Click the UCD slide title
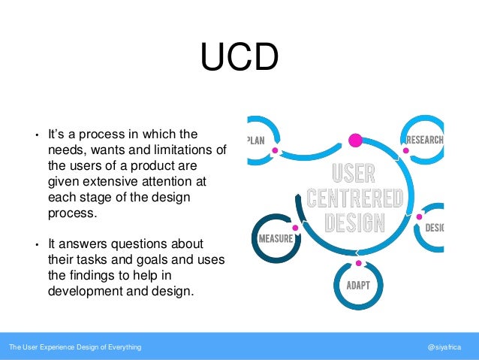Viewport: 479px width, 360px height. pyautogui.click(x=239, y=58)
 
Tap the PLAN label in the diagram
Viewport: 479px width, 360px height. pyautogui.click(x=257, y=139)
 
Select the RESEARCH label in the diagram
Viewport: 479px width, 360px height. pyautogui.click(x=424, y=140)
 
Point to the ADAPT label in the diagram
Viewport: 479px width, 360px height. pyautogui.click(x=359, y=286)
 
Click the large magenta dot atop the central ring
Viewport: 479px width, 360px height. pyautogui.click(x=356, y=139)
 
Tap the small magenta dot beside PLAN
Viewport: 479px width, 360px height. pyautogui.click(x=275, y=150)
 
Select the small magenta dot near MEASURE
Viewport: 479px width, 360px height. pyautogui.click(x=295, y=227)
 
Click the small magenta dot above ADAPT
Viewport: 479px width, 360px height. pyautogui.click(x=359, y=263)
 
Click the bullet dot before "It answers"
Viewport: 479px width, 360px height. pyautogui.click(x=36, y=246)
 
